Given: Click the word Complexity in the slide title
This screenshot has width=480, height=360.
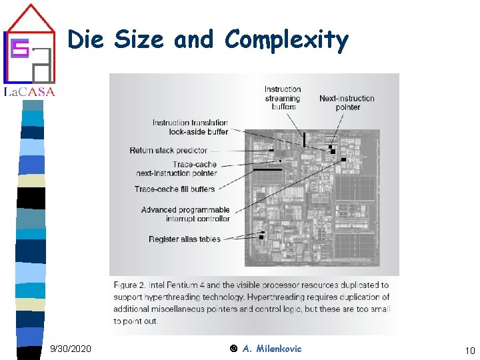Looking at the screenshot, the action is (287, 40).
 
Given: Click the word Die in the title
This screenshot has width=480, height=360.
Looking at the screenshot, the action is (85, 39).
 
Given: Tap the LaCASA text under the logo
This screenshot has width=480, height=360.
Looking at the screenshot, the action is (29, 92).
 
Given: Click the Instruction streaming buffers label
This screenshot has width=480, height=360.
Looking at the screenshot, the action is (283, 98).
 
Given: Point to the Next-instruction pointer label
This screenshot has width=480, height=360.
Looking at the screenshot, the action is (347, 103).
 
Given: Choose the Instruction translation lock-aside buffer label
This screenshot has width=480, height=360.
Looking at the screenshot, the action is (191, 127).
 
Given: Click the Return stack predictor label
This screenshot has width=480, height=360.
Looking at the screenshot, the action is (169, 151).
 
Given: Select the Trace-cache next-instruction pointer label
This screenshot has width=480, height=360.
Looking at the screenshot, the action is (177, 169).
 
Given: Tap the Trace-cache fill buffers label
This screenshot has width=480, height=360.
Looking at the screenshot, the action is (175, 189).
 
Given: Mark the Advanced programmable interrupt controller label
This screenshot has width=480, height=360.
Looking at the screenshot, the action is (186, 214).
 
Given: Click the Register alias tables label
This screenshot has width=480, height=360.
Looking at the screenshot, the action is (185, 239).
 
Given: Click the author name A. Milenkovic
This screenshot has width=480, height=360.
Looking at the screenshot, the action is (272, 349).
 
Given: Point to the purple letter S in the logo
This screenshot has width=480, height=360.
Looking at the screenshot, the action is (20, 47).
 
